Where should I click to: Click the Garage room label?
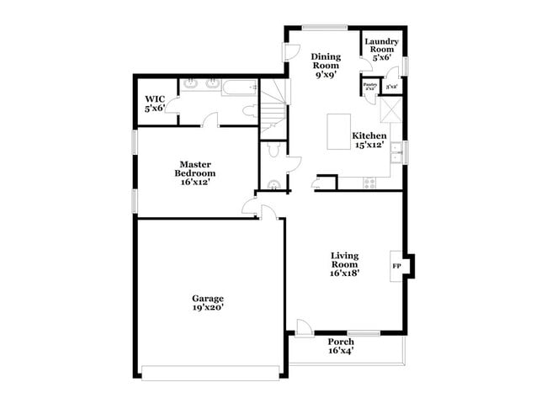click(x=208, y=298)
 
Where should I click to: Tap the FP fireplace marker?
click(x=396, y=266)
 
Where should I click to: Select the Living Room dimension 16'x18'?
click(x=345, y=274)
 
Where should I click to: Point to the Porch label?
click(x=341, y=342)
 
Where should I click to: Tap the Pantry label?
click(x=369, y=84)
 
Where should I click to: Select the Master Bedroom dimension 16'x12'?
click(x=192, y=181)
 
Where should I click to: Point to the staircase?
click(x=272, y=107)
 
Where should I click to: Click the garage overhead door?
click(x=210, y=372)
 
